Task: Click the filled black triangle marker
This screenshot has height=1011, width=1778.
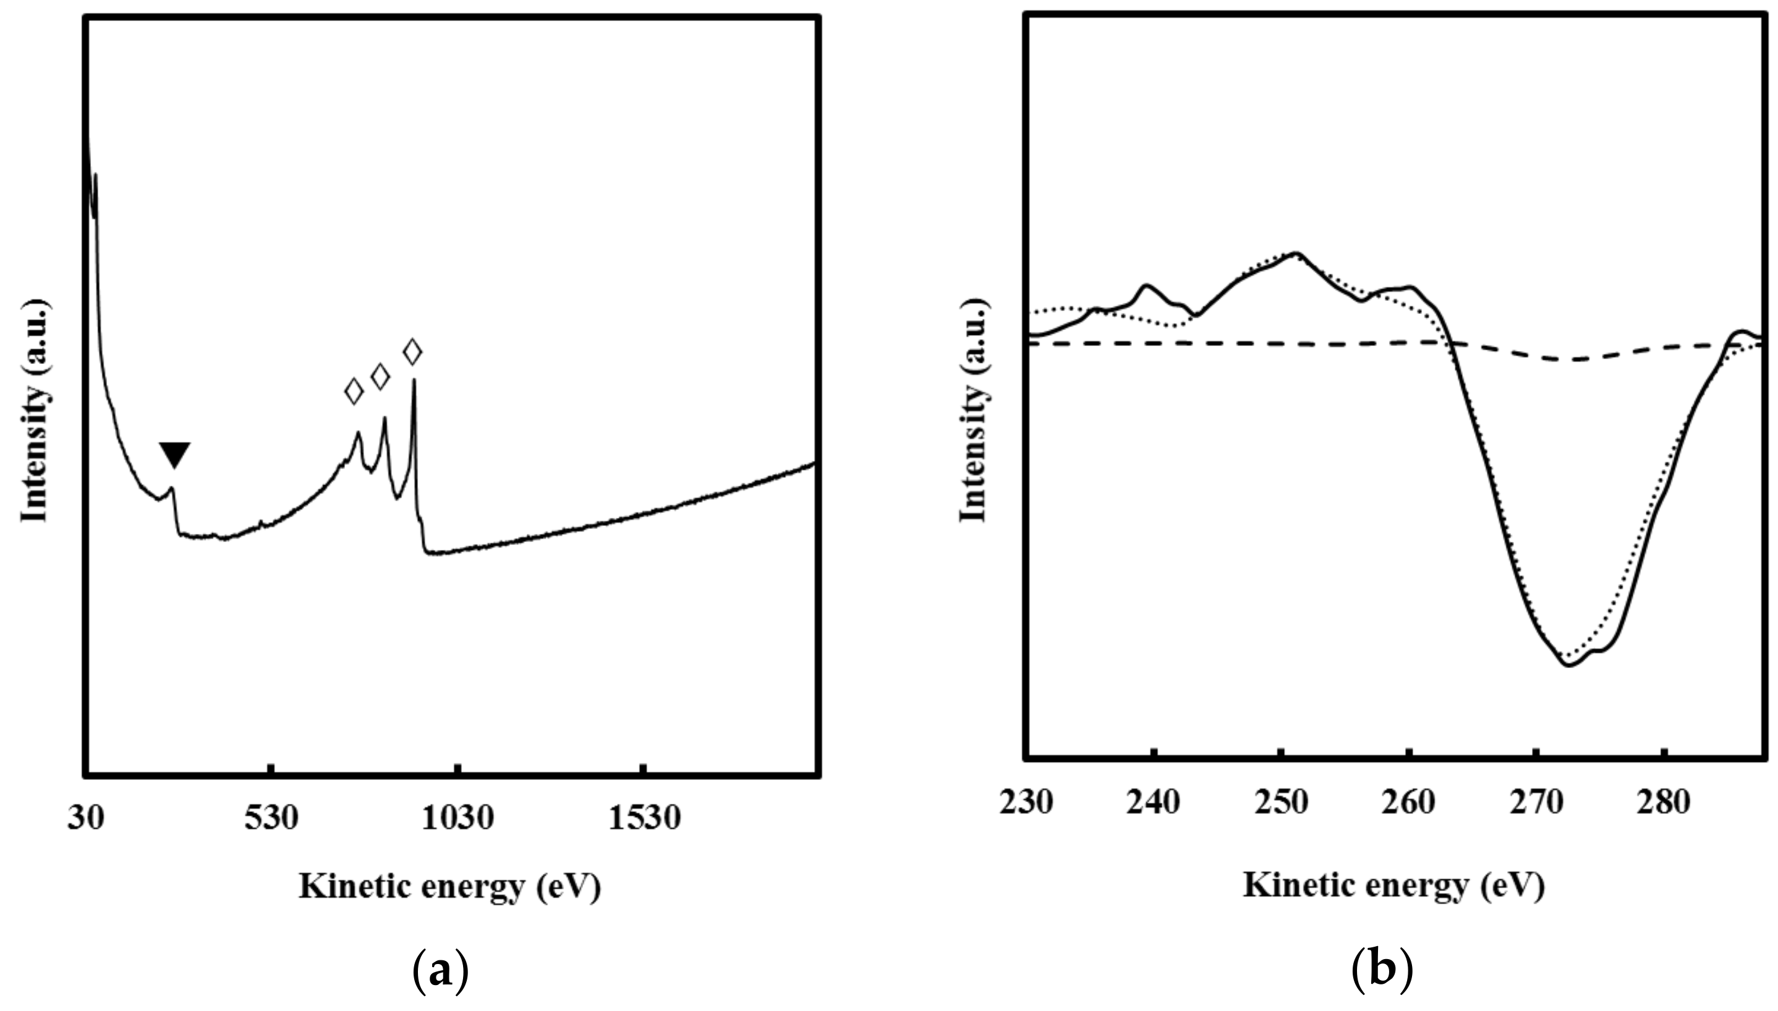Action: [174, 455]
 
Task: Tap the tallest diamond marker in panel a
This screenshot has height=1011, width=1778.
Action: [412, 352]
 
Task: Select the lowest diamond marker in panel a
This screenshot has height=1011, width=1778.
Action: [354, 392]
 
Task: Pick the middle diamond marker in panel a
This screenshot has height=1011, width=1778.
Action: [381, 376]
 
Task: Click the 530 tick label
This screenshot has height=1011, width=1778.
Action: [271, 819]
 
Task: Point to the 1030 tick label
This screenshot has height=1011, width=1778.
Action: [457, 819]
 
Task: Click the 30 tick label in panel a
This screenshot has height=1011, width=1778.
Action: [86, 819]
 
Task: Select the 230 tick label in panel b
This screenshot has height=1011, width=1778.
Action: [1026, 803]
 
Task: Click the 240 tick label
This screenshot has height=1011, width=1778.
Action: [1154, 803]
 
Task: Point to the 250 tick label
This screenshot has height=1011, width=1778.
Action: [1282, 803]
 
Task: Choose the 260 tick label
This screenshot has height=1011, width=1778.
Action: [1408, 803]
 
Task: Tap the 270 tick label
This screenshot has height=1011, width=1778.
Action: [1536, 803]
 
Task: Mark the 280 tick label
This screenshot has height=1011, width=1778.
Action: [1664, 803]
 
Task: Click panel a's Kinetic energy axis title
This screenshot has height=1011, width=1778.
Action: [450, 887]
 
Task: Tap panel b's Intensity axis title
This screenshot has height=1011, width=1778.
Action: [974, 410]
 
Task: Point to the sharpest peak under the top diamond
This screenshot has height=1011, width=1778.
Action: [414, 381]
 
